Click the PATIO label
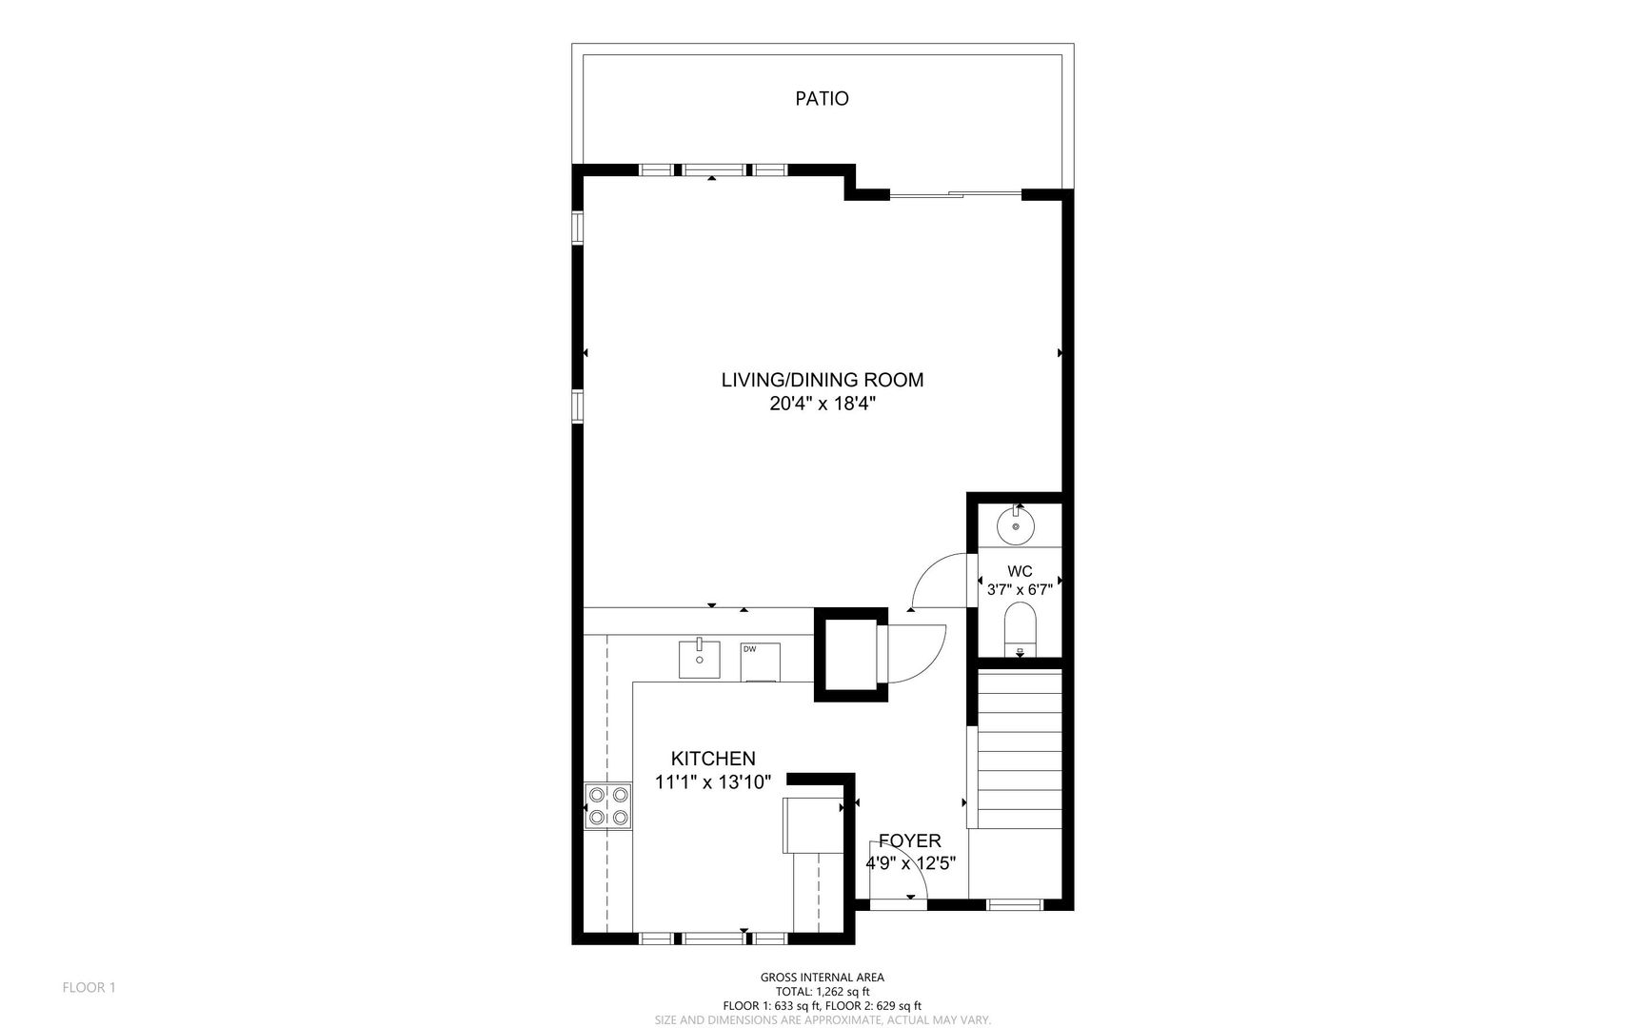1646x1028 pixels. [x=822, y=98]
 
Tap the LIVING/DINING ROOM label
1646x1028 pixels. [x=823, y=380]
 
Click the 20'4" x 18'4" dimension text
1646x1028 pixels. [x=823, y=404]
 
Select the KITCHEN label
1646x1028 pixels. [x=713, y=759]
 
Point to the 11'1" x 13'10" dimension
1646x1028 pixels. [x=713, y=782]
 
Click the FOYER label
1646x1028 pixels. [x=910, y=840]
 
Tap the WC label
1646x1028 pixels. [x=1020, y=571]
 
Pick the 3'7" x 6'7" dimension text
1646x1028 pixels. [x=1020, y=589]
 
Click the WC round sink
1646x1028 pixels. [x=1016, y=525]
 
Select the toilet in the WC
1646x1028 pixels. [x=1020, y=631]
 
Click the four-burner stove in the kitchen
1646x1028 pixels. [x=608, y=805]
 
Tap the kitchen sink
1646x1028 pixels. [x=700, y=659]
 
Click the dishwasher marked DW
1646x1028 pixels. [x=760, y=662]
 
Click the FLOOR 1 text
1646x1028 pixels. [x=89, y=987]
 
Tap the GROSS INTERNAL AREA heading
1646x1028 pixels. [x=822, y=978]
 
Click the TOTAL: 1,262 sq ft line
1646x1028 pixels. [x=822, y=991]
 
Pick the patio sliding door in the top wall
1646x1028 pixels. [x=956, y=195]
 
